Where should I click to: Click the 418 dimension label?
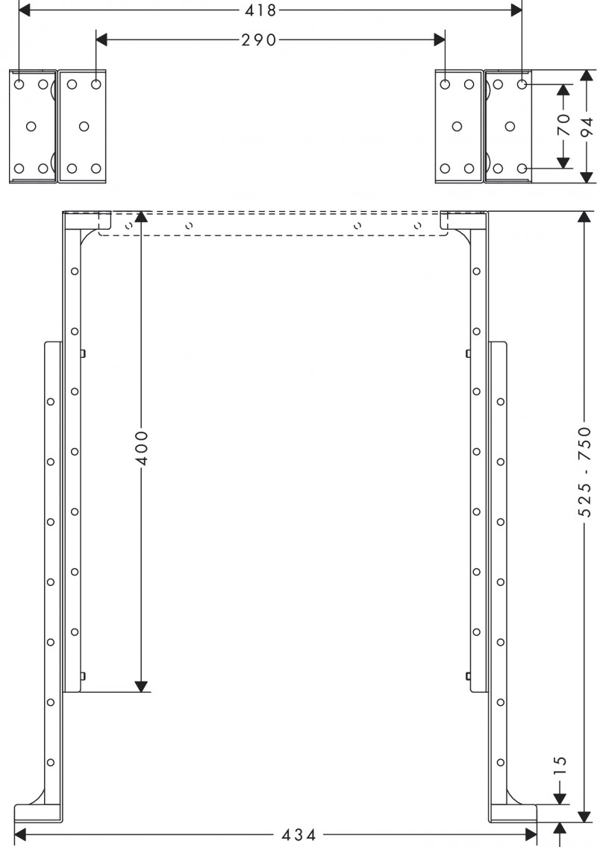coord(262,10)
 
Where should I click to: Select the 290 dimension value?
coord(259,40)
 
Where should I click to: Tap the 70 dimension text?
coord(564,125)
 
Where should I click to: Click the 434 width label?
coord(298,834)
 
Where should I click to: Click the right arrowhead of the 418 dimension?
coord(516,10)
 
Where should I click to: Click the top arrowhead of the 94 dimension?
coord(587,78)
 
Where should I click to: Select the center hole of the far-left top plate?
coord(31,126)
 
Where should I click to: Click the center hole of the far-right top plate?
coord(510,126)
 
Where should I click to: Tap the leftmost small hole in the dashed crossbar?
coord(128,224)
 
